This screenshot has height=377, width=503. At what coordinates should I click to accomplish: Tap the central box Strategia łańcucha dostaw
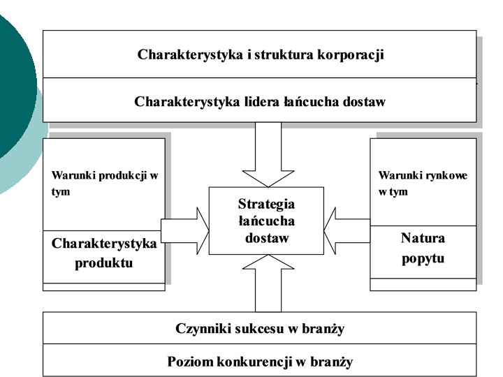pos(266,221)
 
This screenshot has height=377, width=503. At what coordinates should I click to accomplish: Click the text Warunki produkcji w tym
pos(104,183)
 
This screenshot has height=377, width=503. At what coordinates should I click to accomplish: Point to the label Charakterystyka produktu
pos(104,253)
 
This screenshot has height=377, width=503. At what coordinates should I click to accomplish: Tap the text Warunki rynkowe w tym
pos(423,183)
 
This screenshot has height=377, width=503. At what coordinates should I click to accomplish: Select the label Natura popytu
pos(423,248)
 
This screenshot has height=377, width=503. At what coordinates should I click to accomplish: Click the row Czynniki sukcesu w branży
pos(260,329)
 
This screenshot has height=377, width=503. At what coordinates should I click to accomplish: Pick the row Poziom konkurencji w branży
pos(260,362)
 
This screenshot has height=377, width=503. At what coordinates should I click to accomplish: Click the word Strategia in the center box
pos(266,204)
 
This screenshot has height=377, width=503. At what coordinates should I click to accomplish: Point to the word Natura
pos(423,238)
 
